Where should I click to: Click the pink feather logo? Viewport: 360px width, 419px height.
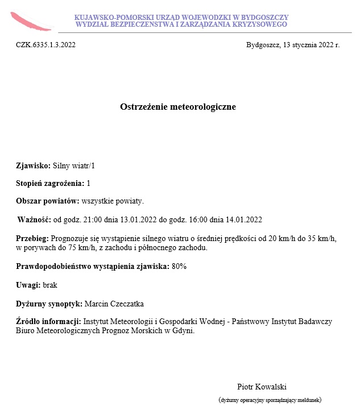30,21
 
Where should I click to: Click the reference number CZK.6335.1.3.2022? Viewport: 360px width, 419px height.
45,45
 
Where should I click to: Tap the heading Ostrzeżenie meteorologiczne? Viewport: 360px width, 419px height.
177,107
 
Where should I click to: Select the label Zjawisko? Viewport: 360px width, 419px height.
33,166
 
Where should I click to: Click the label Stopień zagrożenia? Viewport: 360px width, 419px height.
49,184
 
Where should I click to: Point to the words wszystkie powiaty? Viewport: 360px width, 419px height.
113,201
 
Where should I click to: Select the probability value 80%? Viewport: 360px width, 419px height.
179,266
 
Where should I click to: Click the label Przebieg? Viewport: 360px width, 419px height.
32,239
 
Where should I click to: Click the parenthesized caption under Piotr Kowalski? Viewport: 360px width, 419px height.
270,400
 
